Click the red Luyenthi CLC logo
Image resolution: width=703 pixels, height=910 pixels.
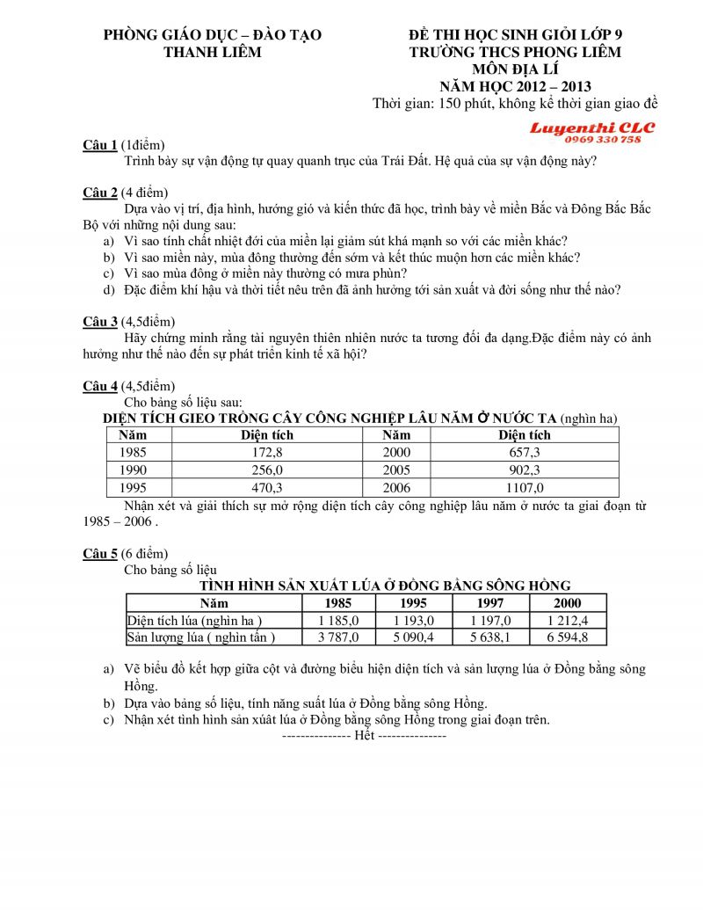(x=591, y=128)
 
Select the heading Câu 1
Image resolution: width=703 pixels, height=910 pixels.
(x=100, y=145)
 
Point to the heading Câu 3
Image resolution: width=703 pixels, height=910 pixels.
(x=100, y=322)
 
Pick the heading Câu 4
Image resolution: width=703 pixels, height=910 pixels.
(x=100, y=386)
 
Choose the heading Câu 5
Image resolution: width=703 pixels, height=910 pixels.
(x=100, y=554)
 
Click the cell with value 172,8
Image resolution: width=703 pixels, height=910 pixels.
(x=267, y=453)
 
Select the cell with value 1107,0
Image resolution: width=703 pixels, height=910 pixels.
(x=525, y=488)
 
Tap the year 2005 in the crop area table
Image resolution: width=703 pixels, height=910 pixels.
(x=396, y=470)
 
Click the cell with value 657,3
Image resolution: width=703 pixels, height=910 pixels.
(x=525, y=453)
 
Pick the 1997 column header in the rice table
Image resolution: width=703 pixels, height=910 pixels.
(x=490, y=603)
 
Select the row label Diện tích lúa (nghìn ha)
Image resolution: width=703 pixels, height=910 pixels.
(x=195, y=621)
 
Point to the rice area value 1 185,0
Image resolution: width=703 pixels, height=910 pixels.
(x=338, y=621)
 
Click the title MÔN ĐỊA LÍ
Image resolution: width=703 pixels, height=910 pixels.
(x=515, y=69)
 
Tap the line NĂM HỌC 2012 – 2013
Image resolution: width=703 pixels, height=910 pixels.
(x=515, y=85)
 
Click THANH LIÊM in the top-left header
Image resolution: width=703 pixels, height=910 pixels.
(x=213, y=52)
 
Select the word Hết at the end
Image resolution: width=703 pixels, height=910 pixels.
(x=364, y=735)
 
